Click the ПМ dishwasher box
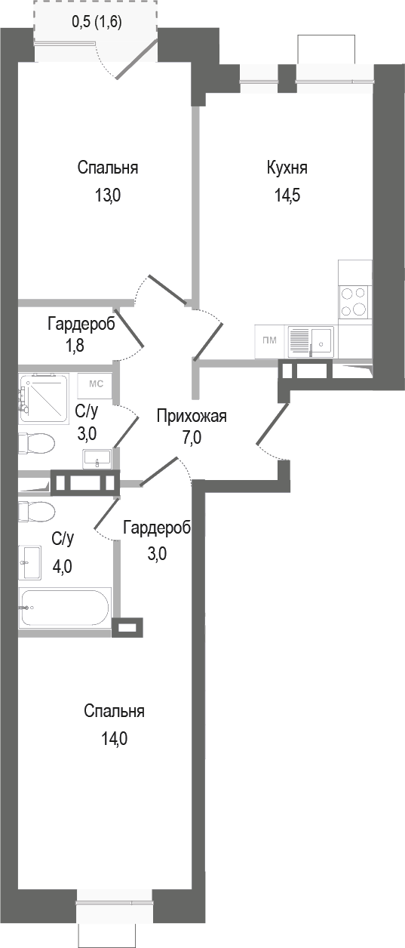point(269,340)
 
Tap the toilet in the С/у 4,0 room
point(35,511)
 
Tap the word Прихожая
point(192,416)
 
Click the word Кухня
point(287,168)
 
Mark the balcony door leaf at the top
point(137,58)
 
